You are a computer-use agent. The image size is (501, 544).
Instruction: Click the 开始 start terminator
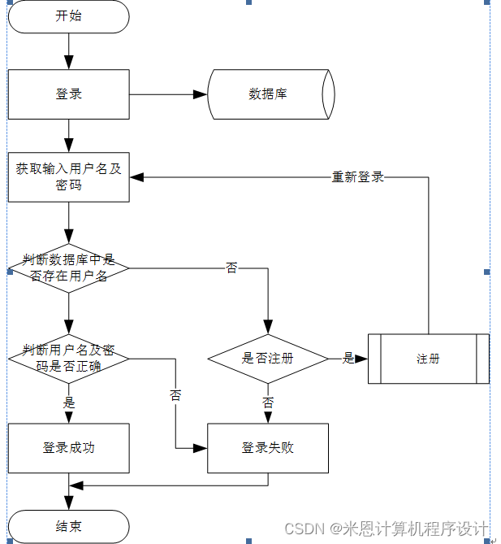[x=69, y=16]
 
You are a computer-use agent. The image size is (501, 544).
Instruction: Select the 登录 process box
[x=69, y=94]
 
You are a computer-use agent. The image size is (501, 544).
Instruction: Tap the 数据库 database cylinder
[x=269, y=94]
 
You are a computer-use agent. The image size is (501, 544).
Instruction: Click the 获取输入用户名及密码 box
[x=69, y=177]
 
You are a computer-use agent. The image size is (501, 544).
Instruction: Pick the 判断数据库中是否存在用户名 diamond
[x=69, y=268]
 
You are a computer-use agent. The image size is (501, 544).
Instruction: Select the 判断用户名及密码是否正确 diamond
[x=69, y=358]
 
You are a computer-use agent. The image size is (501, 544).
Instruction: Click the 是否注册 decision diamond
[x=268, y=358]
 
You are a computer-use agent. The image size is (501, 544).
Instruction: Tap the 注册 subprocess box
[x=429, y=358]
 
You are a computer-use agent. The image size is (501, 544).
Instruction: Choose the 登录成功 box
[x=69, y=447]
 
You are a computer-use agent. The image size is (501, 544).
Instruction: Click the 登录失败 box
[x=268, y=447]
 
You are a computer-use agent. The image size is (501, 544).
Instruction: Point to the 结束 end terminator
[x=69, y=526]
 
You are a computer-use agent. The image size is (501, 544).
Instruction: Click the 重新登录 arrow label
[x=358, y=176]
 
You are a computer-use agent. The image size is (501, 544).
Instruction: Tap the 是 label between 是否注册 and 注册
[x=349, y=358]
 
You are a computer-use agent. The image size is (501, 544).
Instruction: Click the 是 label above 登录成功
[x=69, y=403]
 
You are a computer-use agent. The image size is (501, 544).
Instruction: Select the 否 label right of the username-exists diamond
[x=232, y=268]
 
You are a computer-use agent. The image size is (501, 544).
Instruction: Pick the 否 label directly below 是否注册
[x=268, y=403]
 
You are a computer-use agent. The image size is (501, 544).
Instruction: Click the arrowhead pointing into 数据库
[x=201, y=94]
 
